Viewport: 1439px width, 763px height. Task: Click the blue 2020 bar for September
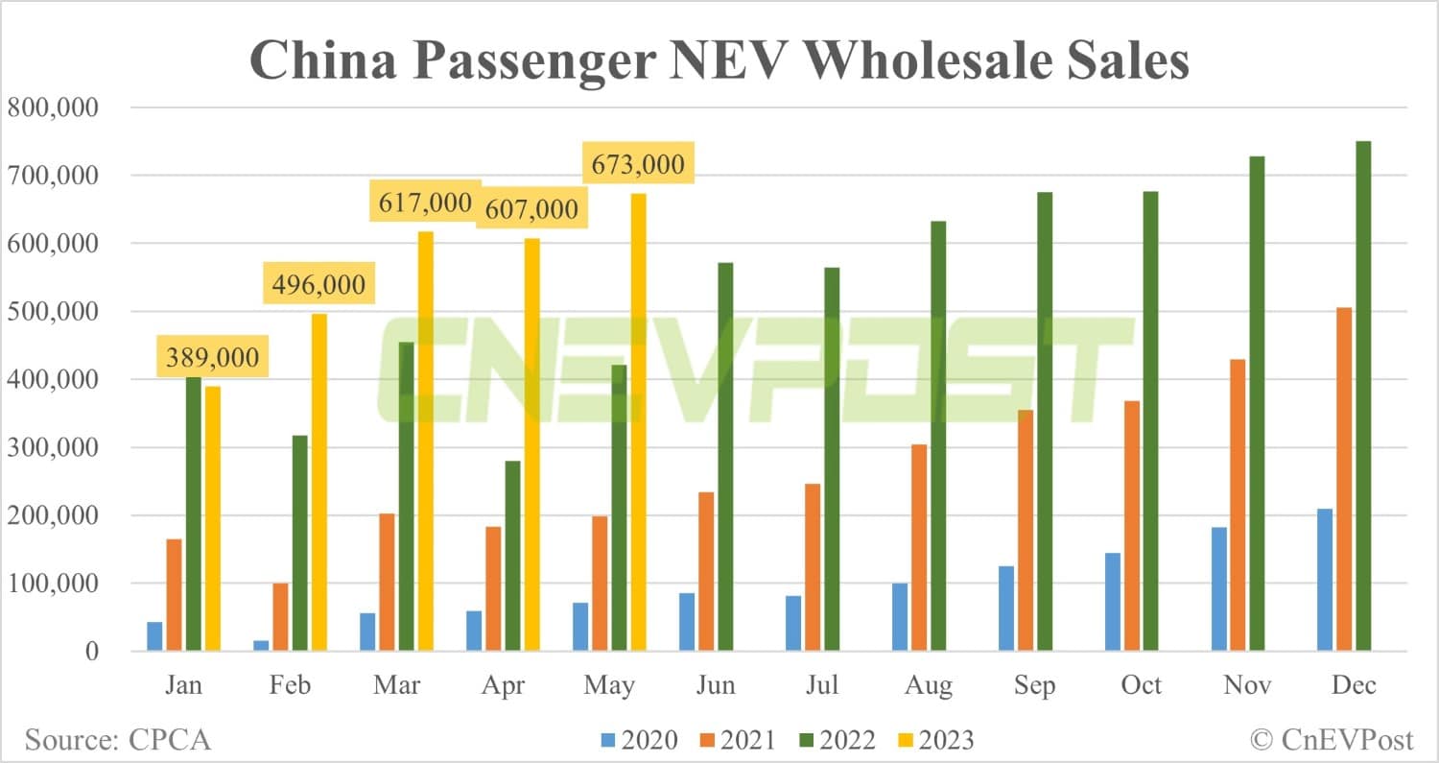coord(1005,608)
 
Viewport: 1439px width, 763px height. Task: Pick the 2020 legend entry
coord(640,740)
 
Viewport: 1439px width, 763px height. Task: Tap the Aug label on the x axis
coord(928,684)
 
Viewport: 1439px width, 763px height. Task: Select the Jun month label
coord(716,684)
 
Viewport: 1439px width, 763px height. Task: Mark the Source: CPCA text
coord(117,740)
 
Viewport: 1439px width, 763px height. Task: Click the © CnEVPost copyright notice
coord(1331,740)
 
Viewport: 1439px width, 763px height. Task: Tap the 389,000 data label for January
coord(212,358)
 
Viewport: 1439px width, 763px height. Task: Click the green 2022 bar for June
coord(725,408)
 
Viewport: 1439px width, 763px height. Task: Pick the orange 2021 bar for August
coord(919,548)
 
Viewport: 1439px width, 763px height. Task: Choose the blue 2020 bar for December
coord(1324,580)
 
